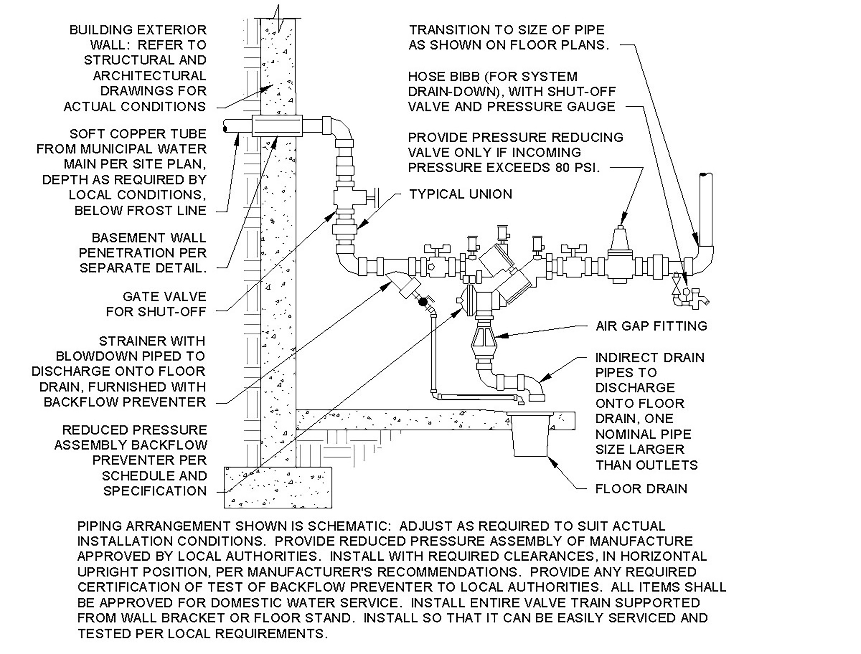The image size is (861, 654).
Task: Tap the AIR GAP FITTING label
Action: coord(651,326)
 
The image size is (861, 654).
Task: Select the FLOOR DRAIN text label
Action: coord(641,489)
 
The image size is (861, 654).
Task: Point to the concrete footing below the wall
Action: coord(278,487)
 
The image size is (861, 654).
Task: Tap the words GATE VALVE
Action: coord(164,297)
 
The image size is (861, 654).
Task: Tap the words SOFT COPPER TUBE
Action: coord(138,134)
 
